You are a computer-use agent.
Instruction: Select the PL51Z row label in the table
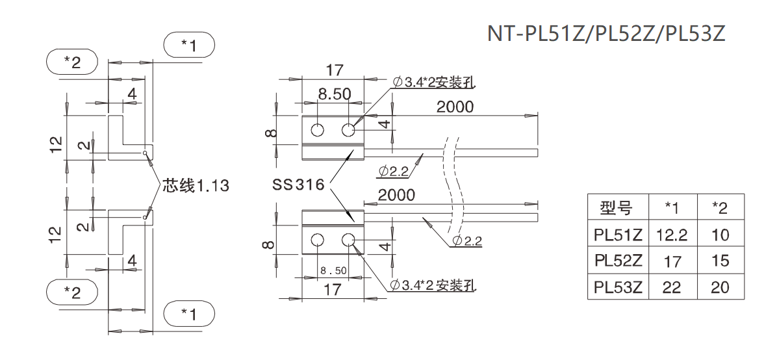point(617,235)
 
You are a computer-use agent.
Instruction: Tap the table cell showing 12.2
point(672,235)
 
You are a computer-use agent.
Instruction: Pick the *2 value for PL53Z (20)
point(720,287)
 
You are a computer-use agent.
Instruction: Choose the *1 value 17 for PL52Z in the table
point(672,261)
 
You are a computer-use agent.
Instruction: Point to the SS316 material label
point(298,185)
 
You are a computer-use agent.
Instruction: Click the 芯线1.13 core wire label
point(196,185)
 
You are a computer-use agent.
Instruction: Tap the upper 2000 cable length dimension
point(455,107)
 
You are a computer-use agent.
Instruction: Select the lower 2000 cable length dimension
point(396,195)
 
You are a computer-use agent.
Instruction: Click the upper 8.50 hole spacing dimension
point(334,95)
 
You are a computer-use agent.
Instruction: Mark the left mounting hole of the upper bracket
point(317,130)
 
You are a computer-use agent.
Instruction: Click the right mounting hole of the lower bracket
point(348,240)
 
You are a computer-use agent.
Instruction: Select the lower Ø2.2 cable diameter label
point(468,242)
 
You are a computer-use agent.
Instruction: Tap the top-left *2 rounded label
point(72,62)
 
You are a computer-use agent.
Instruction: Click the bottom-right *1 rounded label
point(188,314)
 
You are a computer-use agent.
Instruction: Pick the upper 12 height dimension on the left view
point(56,143)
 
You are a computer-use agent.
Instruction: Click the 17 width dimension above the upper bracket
point(334,70)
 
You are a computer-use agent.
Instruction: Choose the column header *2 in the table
point(720,208)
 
